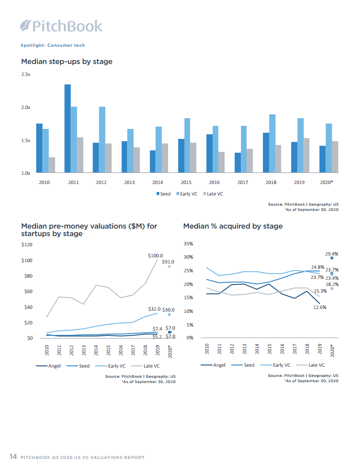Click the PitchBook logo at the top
tap(61, 26)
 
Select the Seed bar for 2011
tap(67, 128)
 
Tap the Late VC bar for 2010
tap(52, 165)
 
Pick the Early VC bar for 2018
tap(272, 143)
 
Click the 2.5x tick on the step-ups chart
tap(26, 75)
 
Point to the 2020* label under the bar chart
tap(326, 182)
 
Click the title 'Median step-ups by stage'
tap(67, 61)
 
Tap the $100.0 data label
tap(155, 255)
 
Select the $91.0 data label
tap(168, 262)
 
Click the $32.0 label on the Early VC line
tap(154, 310)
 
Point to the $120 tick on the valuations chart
tap(27, 244)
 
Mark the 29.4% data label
tap(331, 254)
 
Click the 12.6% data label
tap(320, 308)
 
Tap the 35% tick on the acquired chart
tap(188, 244)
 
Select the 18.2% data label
tap(332, 285)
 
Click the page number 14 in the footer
tap(13, 457)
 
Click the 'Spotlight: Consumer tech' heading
tap(52, 45)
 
